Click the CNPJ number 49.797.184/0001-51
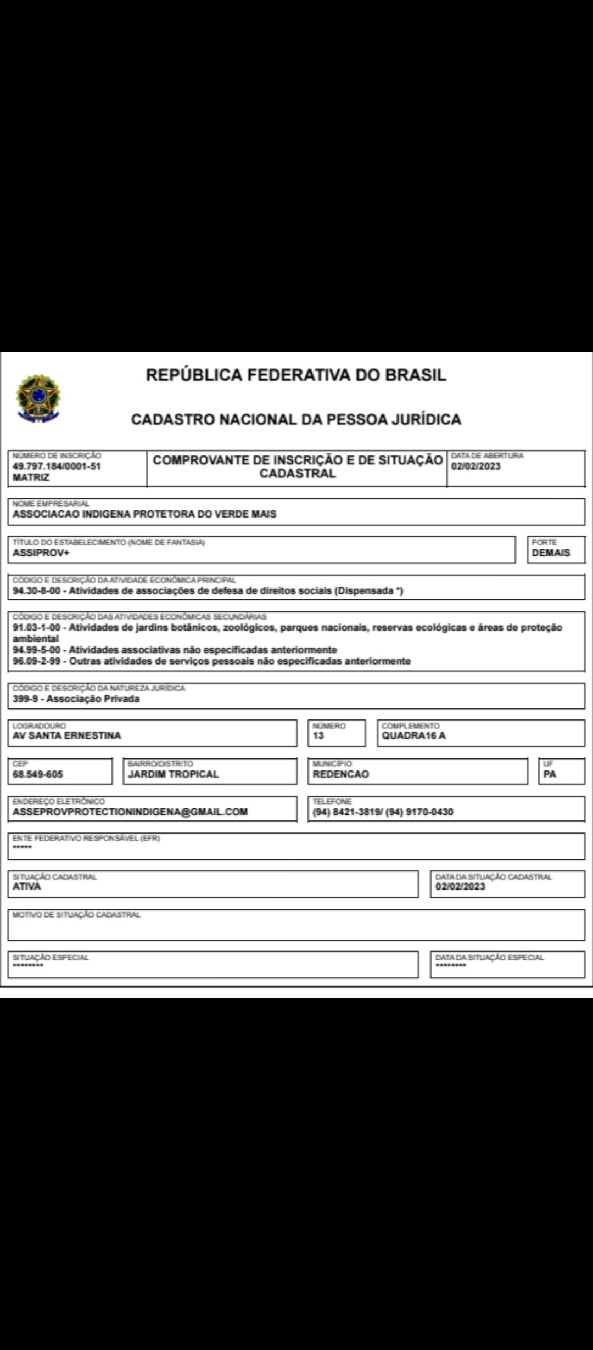tap(57, 466)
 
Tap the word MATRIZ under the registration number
tap(31, 477)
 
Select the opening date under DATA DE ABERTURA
tap(475, 466)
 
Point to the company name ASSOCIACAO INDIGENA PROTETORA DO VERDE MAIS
tap(144, 514)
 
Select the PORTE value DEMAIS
tap(551, 553)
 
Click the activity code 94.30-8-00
tap(37, 591)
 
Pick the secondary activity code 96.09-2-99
tap(37, 661)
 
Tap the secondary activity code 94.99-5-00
tap(37, 650)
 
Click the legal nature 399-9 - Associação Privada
tap(76, 699)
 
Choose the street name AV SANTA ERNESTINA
tap(66, 735)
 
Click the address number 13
tap(318, 735)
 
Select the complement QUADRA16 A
tap(413, 735)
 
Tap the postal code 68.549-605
tap(38, 774)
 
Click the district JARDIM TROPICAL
tap(173, 774)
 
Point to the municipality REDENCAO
tap(340, 774)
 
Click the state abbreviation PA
tap(550, 774)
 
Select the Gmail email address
tap(130, 812)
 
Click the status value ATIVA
tap(27, 886)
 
